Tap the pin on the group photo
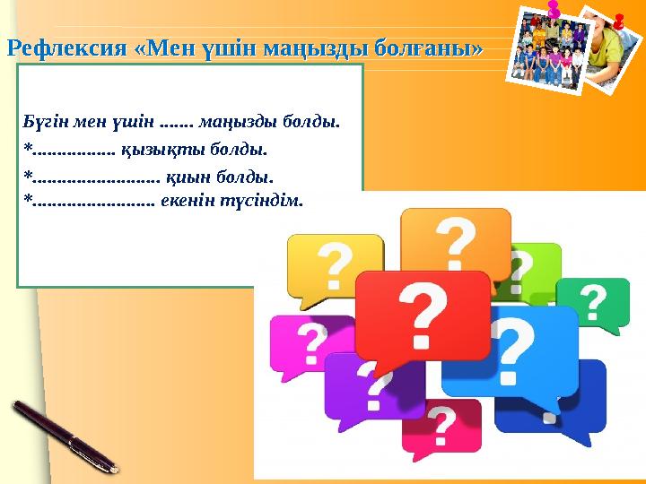click(554, 9)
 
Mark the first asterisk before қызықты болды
click(29, 148)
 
